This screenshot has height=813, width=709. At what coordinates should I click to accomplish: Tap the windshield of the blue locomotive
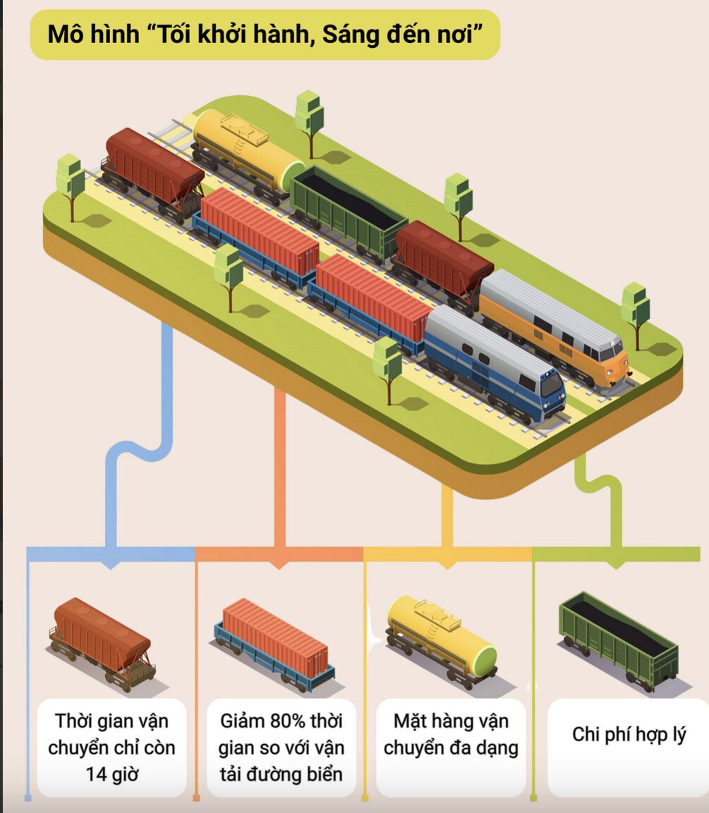[551, 385]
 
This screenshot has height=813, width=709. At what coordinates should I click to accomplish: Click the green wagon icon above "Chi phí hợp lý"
[618, 639]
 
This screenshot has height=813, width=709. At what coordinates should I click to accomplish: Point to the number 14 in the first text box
[97, 774]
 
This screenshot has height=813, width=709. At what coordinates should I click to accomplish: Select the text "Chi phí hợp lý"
[629, 734]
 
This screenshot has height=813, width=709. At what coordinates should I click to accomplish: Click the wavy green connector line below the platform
[600, 487]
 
